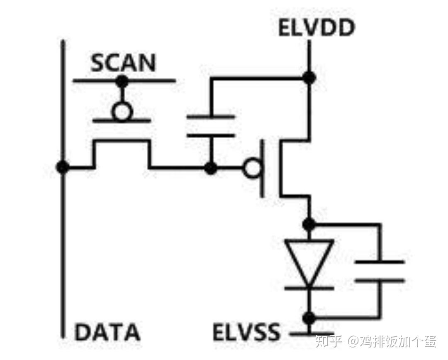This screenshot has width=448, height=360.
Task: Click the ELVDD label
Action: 317,28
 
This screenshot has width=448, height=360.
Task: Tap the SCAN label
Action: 123,63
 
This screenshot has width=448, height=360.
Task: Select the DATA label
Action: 107,332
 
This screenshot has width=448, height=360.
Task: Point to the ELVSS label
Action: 246,332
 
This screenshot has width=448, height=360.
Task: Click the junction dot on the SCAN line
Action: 122,81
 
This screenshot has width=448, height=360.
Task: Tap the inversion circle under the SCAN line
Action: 122,111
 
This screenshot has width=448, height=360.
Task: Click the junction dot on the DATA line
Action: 63,168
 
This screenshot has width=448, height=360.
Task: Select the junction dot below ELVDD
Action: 309,77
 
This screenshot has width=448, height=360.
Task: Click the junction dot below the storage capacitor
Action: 211,168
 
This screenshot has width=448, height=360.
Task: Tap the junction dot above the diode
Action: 309,224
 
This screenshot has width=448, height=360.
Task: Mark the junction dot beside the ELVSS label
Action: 309,318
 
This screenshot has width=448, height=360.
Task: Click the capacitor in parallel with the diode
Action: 380,271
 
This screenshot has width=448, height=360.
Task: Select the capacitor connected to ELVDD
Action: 211,126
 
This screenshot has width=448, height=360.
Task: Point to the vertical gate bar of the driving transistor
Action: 262,169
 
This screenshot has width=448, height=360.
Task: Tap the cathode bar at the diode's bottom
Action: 309,288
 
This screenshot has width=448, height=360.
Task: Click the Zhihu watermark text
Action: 375,341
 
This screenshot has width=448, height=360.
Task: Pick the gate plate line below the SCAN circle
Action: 122,121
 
